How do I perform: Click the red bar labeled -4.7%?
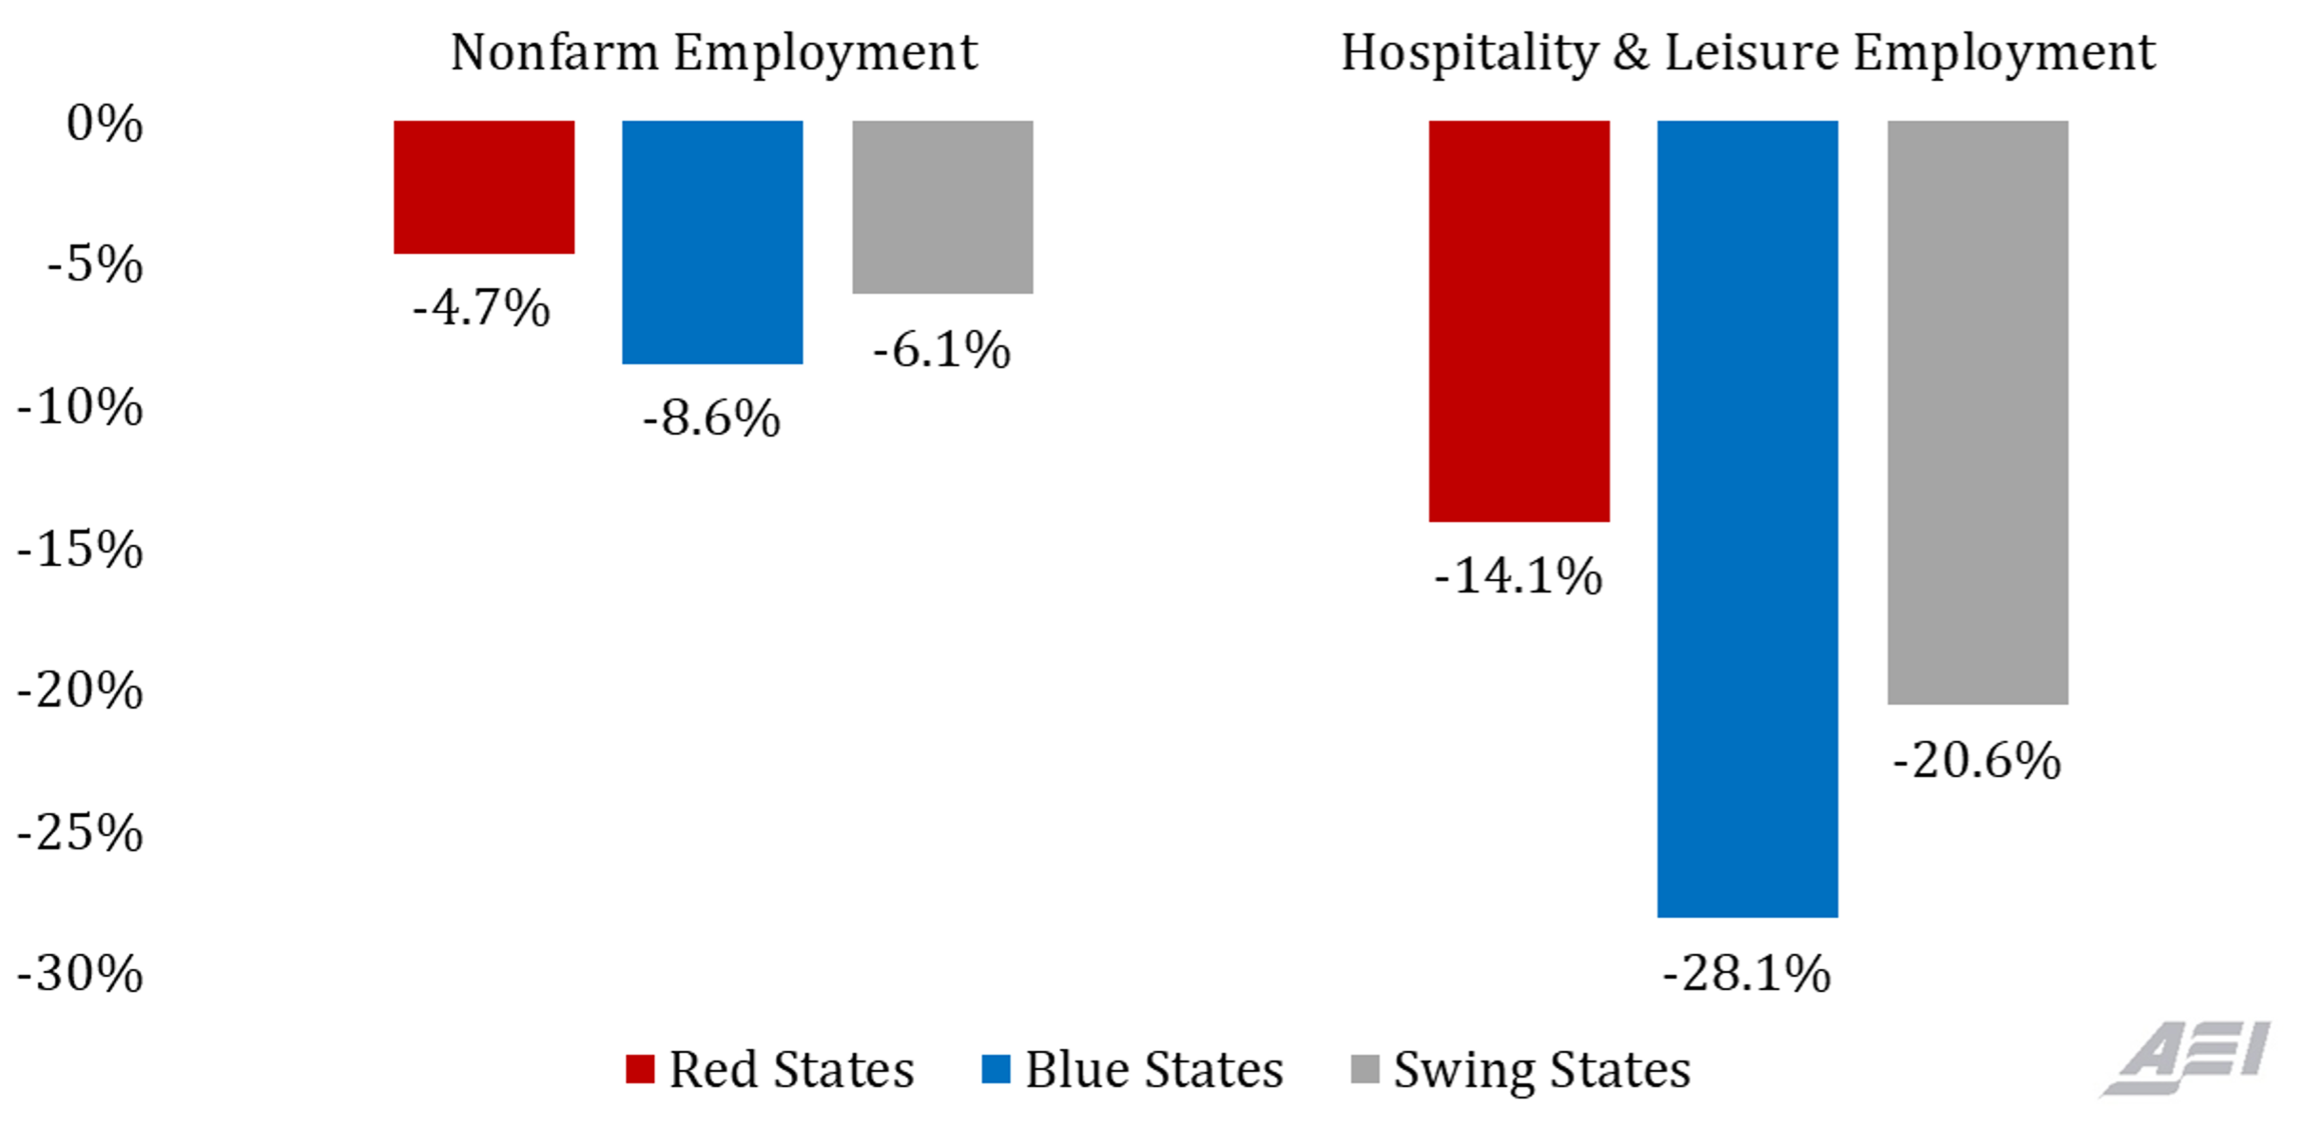tap(484, 186)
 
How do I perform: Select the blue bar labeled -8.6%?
tap(712, 242)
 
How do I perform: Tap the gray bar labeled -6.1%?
tap(942, 206)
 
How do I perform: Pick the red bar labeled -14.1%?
tap(1519, 321)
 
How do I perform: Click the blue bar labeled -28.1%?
tap(1747, 518)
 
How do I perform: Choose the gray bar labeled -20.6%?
tap(1978, 412)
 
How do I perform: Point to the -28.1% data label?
tap(1746, 973)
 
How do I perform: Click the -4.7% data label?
tap(481, 307)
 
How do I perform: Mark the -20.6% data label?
tap(1977, 760)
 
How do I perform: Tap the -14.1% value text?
tap(1518, 575)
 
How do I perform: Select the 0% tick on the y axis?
tap(105, 124)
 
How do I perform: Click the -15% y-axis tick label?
tap(81, 549)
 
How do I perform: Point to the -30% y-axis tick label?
tap(81, 973)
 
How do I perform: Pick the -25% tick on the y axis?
tap(81, 832)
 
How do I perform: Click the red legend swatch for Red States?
tap(640, 1069)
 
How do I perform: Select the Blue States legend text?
tap(1153, 1069)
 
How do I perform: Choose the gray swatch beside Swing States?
tap(1364, 1069)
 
